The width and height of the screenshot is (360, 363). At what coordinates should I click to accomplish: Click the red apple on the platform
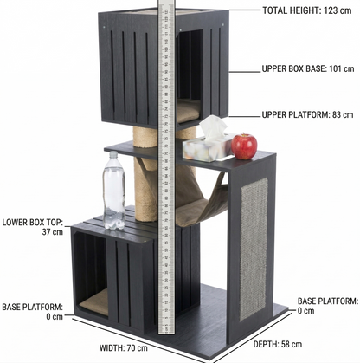click(244, 146)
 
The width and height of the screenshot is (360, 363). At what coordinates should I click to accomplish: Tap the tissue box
click(209, 148)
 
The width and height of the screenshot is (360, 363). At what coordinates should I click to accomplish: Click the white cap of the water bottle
click(113, 154)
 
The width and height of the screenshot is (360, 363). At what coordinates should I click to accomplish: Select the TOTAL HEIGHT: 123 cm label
click(307, 10)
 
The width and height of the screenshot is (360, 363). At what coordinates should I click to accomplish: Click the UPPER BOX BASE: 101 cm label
click(308, 69)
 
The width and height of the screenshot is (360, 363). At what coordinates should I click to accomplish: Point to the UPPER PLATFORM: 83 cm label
click(307, 114)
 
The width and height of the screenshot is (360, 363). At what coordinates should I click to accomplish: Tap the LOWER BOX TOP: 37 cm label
click(33, 227)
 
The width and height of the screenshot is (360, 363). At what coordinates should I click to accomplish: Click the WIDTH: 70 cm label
click(124, 348)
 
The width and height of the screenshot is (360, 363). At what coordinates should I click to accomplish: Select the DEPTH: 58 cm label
click(278, 344)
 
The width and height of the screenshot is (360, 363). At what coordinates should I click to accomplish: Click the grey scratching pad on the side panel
click(254, 249)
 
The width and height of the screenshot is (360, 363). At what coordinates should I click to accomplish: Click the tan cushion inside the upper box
click(188, 110)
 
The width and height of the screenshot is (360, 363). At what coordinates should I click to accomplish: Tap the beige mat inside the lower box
click(94, 302)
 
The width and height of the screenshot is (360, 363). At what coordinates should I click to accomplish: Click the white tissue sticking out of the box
click(213, 127)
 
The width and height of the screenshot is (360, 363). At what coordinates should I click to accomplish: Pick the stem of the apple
click(245, 135)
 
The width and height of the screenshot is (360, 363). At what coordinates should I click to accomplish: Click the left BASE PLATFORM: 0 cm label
click(33, 312)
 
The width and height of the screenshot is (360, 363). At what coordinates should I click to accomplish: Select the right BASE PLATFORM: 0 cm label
click(328, 306)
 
